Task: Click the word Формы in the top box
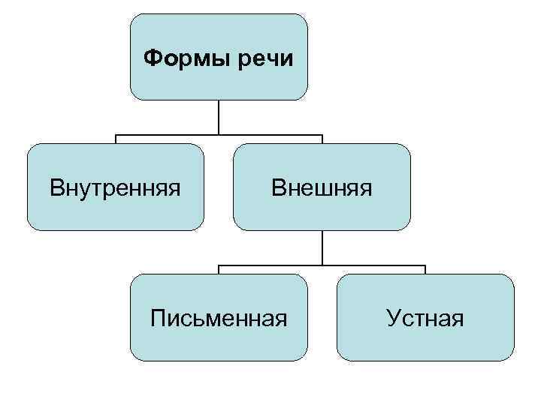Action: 187,58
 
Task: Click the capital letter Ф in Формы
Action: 150,57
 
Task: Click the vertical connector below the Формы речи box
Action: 219,118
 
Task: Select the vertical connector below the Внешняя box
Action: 322,247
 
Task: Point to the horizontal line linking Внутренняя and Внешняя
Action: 219,136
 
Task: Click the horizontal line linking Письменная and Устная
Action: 322,266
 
